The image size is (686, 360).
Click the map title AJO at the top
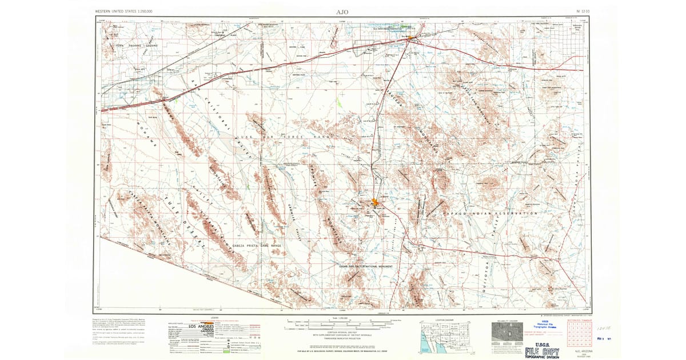tap(342, 11)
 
